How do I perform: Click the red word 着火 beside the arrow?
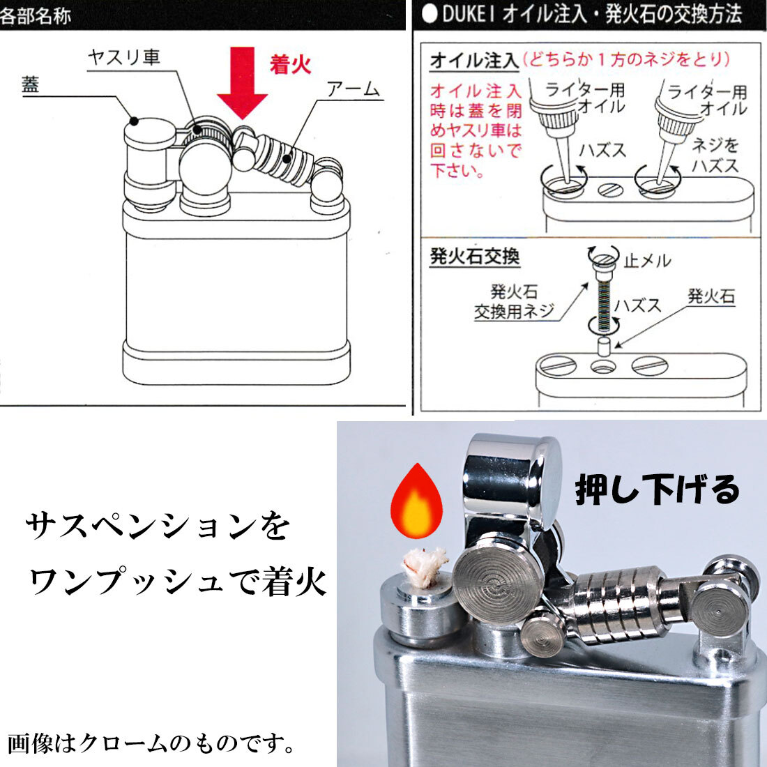291,64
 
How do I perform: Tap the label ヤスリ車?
124,58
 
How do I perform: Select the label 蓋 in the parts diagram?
30,84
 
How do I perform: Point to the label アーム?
353,89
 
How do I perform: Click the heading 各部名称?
36,15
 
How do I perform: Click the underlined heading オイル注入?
474,61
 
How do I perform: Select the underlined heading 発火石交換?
474,257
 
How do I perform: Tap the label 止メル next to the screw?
647,261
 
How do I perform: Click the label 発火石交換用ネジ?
514,301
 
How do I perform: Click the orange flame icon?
416,501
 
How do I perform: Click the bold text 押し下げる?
657,489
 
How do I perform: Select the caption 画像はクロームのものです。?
151,743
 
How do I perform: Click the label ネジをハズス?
715,155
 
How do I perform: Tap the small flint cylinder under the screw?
605,345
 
